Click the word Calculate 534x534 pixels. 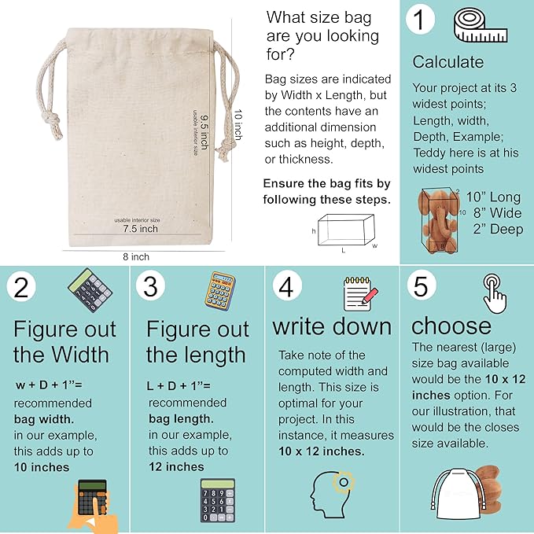click(x=448, y=61)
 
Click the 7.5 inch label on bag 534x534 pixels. click(x=140, y=229)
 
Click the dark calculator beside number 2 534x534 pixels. click(x=90, y=291)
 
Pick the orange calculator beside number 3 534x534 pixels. click(x=223, y=291)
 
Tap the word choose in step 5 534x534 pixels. click(x=451, y=326)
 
